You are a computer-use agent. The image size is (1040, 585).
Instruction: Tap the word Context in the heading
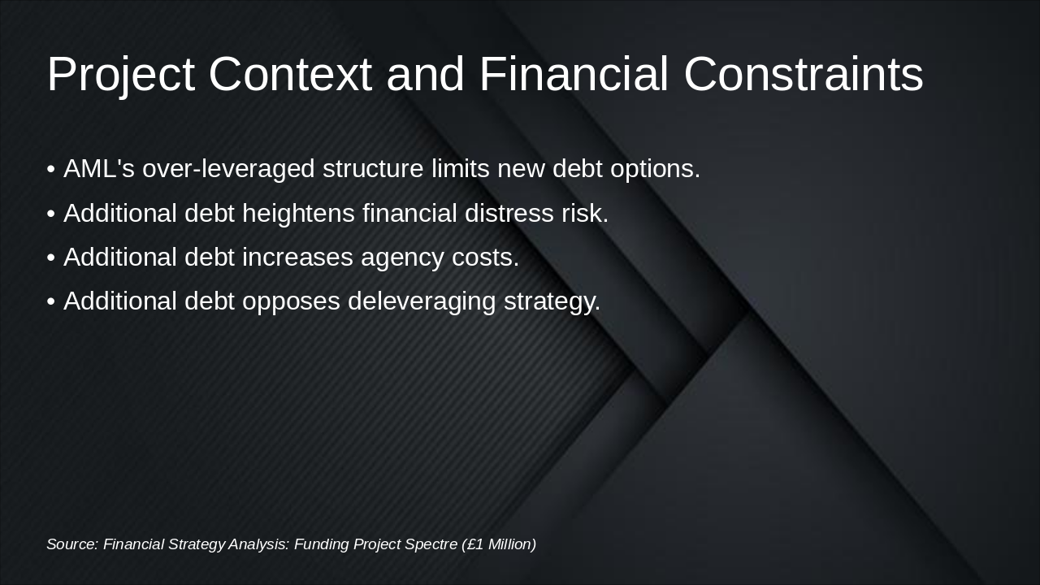coord(291,74)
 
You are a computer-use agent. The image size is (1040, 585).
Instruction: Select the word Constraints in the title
coord(804,74)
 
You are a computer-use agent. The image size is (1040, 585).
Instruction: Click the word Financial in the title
coord(574,74)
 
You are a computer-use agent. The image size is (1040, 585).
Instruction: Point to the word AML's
coord(99,168)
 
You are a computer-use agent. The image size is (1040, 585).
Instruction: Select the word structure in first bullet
coord(373,168)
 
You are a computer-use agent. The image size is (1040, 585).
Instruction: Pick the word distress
coord(509,213)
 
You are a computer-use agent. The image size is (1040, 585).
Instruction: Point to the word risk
coord(585,213)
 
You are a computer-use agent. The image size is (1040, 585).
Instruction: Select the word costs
coord(485,258)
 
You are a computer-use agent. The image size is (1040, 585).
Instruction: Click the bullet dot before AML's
coord(51,170)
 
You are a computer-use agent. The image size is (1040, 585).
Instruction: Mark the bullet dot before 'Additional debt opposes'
coord(51,301)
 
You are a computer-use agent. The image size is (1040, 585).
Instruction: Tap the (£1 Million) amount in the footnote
coord(499,544)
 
